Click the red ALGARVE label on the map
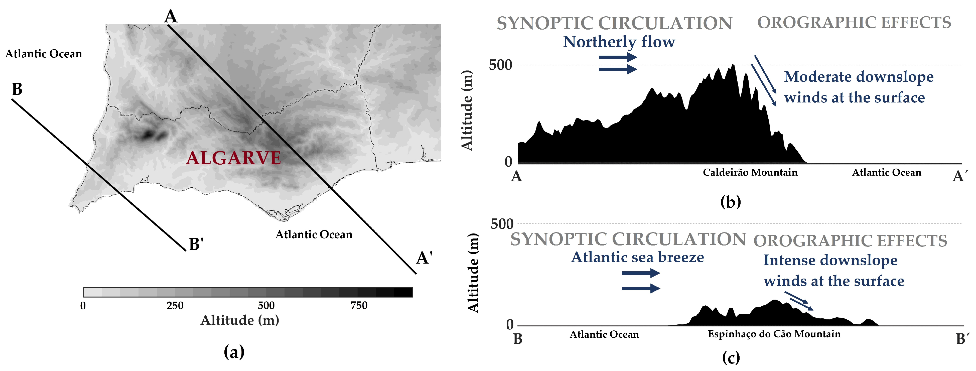(233, 158)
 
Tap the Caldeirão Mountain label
(750, 172)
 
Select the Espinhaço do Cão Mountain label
(774, 334)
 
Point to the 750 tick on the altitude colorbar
(359, 305)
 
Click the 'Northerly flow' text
(619, 42)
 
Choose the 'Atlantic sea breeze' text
(637, 257)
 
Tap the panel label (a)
(234, 352)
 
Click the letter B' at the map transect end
(196, 244)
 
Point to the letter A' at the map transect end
(424, 258)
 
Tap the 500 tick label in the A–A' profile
(500, 65)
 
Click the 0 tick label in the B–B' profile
(510, 324)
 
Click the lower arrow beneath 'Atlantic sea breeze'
(641, 288)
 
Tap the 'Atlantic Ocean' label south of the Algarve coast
(314, 234)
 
